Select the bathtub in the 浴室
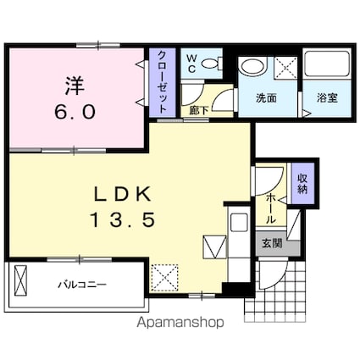(x=327, y=64)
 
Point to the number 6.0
(x=75, y=112)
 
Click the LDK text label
(x=122, y=194)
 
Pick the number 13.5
(x=123, y=220)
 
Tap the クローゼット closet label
(x=162, y=82)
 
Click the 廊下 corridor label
(x=199, y=110)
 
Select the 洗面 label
(x=266, y=98)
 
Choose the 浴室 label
(x=327, y=98)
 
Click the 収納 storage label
(x=302, y=184)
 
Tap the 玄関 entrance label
(x=272, y=243)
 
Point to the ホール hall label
(x=270, y=208)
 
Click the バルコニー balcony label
(x=82, y=284)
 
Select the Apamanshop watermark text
(x=180, y=322)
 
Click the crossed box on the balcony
(x=21, y=280)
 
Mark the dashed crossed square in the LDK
(x=165, y=278)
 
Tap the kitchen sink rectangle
(x=239, y=223)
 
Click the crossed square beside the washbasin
(x=285, y=69)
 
